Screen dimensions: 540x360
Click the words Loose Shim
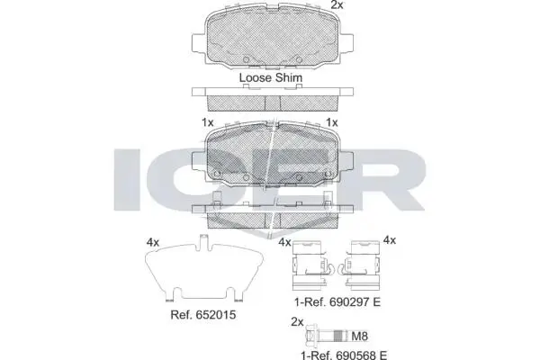click(271, 77)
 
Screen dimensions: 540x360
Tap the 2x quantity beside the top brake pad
click(337, 4)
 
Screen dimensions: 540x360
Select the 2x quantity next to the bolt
click(297, 322)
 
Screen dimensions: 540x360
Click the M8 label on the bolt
click(359, 336)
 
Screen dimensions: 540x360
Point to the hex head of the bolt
click(311, 336)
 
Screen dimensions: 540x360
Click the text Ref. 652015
click(203, 314)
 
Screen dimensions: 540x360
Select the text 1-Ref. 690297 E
click(337, 302)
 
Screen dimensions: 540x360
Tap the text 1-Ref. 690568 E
click(344, 355)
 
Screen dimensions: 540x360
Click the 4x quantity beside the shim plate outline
click(153, 242)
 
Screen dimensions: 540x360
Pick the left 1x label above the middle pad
click(208, 122)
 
